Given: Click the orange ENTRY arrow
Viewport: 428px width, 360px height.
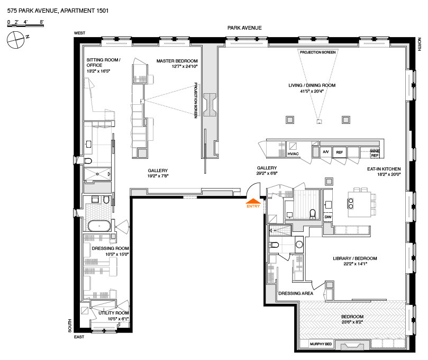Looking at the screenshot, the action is [x=253, y=201].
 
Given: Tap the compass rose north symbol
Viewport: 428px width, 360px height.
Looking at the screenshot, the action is [x=16, y=40].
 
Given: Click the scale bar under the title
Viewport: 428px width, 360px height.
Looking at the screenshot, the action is [x=25, y=25].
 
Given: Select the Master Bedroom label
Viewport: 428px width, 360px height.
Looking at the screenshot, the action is [x=177, y=61].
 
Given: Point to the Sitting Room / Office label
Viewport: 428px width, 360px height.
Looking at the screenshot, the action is [x=104, y=62].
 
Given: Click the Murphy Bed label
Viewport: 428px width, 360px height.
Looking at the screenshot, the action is [x=321, y=344].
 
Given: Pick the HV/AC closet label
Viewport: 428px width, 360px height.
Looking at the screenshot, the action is [x=293, y=154].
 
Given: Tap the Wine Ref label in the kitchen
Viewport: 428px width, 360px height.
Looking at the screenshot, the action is [x=375, y=153].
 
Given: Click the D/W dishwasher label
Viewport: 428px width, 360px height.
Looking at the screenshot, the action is [x=328, y=217].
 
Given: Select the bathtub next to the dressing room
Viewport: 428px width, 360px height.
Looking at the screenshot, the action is [x=99, y=226].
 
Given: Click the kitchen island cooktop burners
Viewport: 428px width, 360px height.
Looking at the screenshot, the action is [x=351, y=204].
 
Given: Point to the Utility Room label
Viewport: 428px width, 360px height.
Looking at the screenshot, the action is [x=114, y=313].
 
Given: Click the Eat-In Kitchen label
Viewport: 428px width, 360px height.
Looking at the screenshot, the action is [x=384, y=169].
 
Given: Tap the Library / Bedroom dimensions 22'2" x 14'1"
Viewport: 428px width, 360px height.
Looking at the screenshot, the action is [x=355, y=264].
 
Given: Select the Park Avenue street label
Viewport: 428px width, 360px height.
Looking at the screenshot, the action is [x=244, y=28].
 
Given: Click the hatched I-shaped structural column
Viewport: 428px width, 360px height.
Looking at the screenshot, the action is [x=210, y=105].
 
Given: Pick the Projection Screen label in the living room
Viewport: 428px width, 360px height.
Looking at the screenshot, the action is [x=318, y=52].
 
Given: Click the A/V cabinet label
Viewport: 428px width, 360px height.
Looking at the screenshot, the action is [x=326, y=152].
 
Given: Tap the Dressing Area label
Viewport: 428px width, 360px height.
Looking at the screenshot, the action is [x=296, y=293].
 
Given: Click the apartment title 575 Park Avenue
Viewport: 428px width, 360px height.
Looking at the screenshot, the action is [x=58, y=11].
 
